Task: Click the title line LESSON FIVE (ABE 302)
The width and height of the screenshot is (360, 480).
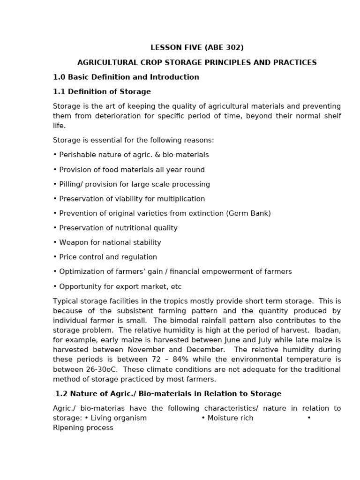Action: coord(197,48)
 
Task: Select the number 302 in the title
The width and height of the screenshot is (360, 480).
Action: coord(232,48)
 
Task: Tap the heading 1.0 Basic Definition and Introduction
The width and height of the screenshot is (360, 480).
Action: coord(126,77)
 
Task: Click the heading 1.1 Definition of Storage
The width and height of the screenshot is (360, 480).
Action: coord(102,91)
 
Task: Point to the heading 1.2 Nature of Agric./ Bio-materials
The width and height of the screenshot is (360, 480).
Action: coord(168,394)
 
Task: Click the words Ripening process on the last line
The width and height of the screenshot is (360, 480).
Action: coord(83,427)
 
